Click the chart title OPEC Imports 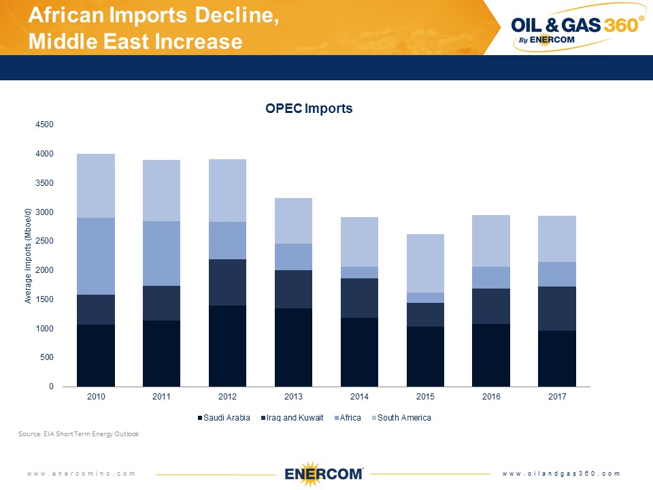309,109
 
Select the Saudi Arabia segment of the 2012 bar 227,346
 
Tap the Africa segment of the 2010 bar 96,256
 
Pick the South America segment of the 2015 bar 425,263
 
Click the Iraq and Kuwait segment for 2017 557,308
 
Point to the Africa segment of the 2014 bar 359,272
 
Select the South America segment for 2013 293,220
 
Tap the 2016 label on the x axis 491,397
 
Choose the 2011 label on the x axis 161,397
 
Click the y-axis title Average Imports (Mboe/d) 28,257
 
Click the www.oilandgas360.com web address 561,474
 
